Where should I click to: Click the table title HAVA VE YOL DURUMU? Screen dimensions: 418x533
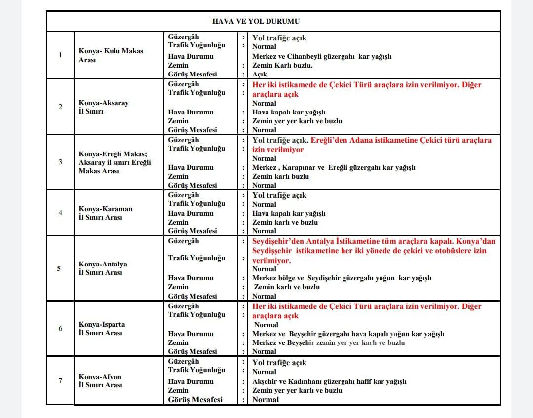(x=256, y=21)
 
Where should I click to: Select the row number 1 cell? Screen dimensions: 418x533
(x=60, y=55)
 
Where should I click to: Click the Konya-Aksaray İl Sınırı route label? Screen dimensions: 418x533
(x=104, y=107)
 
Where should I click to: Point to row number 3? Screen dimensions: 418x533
(x=60, y=162)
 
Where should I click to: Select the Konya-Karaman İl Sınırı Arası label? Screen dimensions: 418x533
(x=106, y=213)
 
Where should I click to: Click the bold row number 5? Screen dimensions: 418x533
(x=59, y=268)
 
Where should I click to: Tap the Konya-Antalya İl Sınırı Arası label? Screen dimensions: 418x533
(x=103, y=268)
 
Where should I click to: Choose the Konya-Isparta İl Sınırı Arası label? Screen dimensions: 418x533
(x=102, y=329)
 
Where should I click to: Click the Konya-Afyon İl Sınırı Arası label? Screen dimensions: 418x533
(x=100, y=381)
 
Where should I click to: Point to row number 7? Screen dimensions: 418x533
(x=60, y=380)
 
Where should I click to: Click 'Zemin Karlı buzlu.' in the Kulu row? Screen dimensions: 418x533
(x=282, y=65)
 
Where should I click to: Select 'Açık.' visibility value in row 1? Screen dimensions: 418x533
(x=261, y=75)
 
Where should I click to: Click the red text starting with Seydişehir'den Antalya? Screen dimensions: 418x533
(x=373, y=241)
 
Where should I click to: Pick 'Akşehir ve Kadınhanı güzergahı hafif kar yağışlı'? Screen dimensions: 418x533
(x=329, y=381)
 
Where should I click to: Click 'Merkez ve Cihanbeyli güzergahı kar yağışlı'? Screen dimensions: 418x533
(x=322, y=56)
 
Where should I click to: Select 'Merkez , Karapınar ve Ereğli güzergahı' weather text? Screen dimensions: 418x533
(x=334, y=167)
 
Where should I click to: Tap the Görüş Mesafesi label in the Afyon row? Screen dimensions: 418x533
(x=195, y=400)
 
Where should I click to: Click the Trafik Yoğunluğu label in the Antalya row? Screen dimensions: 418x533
(x=196, y=258)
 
